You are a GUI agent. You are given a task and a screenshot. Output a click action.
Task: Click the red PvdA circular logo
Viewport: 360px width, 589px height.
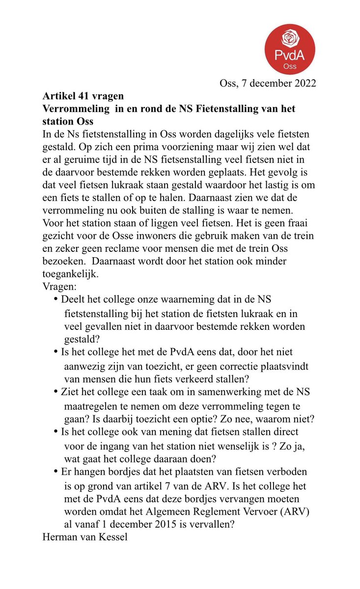(290, 50)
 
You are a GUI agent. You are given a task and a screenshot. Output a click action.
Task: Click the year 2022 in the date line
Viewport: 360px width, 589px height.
(303, 83)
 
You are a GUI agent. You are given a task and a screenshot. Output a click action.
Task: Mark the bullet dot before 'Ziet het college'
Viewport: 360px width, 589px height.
(56, 392)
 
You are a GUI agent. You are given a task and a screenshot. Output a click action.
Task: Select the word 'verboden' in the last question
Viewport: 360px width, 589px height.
(287, 471)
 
